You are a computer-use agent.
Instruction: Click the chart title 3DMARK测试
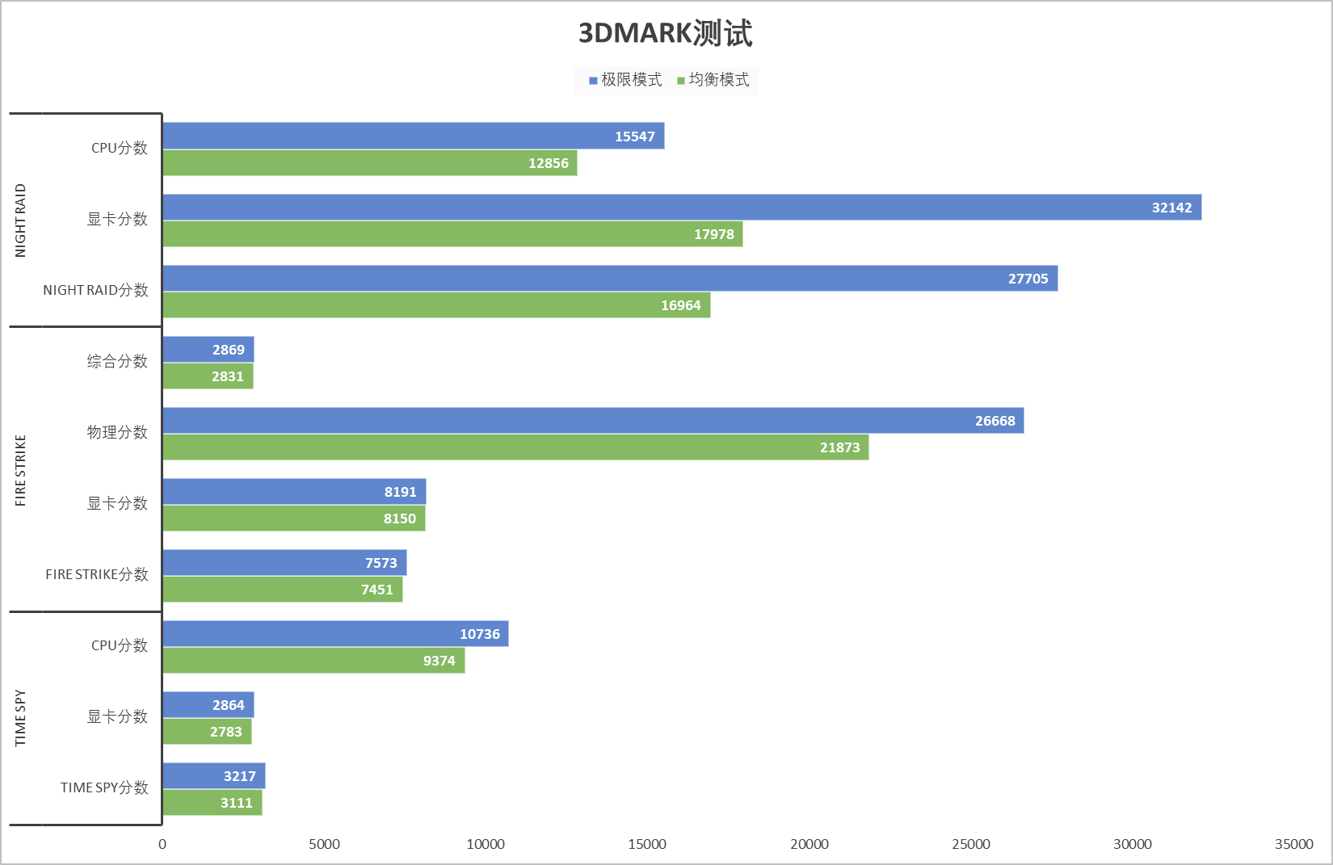tap(665, 34)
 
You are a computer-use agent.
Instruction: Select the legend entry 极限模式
tap(626, 80)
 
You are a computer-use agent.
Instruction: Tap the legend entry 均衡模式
tap(714, 80)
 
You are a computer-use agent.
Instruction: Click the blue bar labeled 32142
tap(681, 208)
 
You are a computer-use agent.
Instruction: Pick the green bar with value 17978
tap(452, 234)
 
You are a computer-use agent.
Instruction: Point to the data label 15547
tap(634, 136)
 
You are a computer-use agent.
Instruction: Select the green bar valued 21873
tap(515, 447)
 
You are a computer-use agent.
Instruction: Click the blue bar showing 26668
tap(593, 421)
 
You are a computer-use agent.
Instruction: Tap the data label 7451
tap(377, 590)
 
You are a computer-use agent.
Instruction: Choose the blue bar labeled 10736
tap(335, 634)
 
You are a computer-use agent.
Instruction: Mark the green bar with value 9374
tap(313, 661)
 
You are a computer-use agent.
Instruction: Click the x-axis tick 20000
tap(809, 844)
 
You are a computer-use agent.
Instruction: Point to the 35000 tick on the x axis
tap(1293, 844)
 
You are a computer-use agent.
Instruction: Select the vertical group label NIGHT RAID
tap(21, 220)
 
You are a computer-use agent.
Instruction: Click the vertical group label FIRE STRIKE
tap(21, 470)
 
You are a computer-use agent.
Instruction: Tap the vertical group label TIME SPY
tap(21, 718)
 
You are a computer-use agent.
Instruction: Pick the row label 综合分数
tap(117, 361)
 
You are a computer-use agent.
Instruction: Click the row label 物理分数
tap(117, 432)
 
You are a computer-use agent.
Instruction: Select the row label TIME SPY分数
tap(104, 787)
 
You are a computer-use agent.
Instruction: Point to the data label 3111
tap(236, 803)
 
